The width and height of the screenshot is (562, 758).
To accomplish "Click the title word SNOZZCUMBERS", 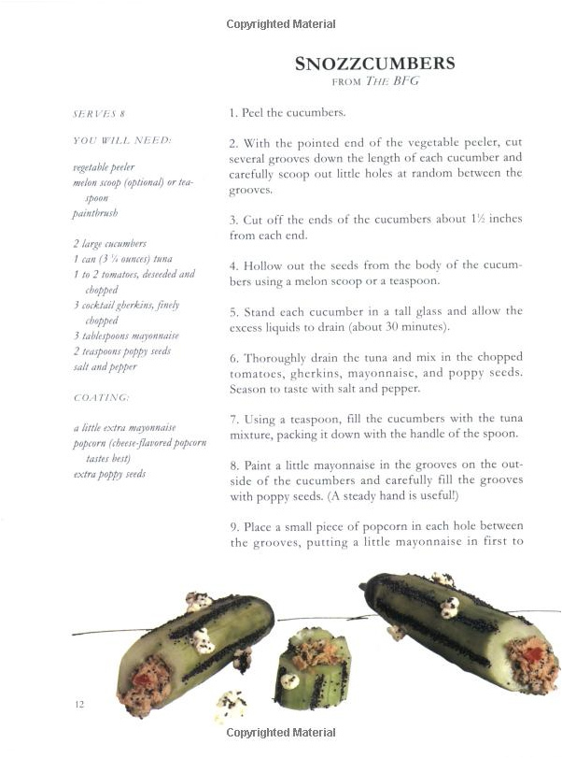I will [374, 64].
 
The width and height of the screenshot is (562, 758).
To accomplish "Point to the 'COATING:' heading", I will [102, 397].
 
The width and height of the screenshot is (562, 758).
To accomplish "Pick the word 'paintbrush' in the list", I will [95, 213].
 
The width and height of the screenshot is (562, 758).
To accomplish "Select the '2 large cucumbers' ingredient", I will [109, 244].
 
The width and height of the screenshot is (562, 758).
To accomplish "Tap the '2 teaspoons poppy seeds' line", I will [121, 351].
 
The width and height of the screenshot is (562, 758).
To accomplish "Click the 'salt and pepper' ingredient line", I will [105, 366].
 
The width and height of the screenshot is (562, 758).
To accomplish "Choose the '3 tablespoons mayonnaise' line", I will [125, 336].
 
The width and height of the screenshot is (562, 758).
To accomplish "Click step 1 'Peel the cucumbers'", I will [288, 113].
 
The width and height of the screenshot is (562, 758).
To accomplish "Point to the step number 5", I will [232, 310].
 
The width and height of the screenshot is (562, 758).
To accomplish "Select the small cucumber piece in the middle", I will [311, 669].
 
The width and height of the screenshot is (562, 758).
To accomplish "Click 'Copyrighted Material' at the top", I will [280, 23].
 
